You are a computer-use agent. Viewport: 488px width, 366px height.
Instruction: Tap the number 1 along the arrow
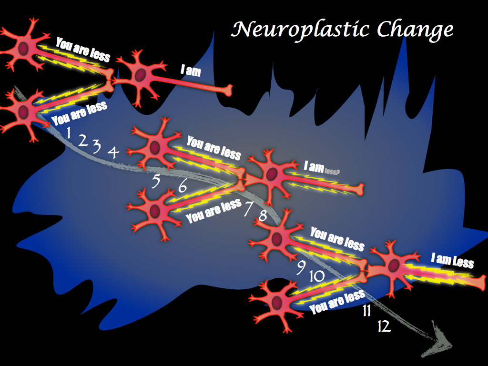click(69, 133)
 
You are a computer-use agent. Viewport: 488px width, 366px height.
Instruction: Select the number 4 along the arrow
click(113, 152)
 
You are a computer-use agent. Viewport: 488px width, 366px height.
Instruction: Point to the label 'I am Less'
click(452, 261)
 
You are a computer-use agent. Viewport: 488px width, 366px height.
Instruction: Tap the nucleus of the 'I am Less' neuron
click(394, 265)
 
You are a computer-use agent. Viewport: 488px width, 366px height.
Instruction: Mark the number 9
click(301, 268)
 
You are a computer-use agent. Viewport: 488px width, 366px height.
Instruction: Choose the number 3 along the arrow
click(97, 147)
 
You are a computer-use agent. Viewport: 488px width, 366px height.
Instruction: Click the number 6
click(183, 187)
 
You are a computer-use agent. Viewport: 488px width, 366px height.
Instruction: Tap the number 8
click(263, 216)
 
